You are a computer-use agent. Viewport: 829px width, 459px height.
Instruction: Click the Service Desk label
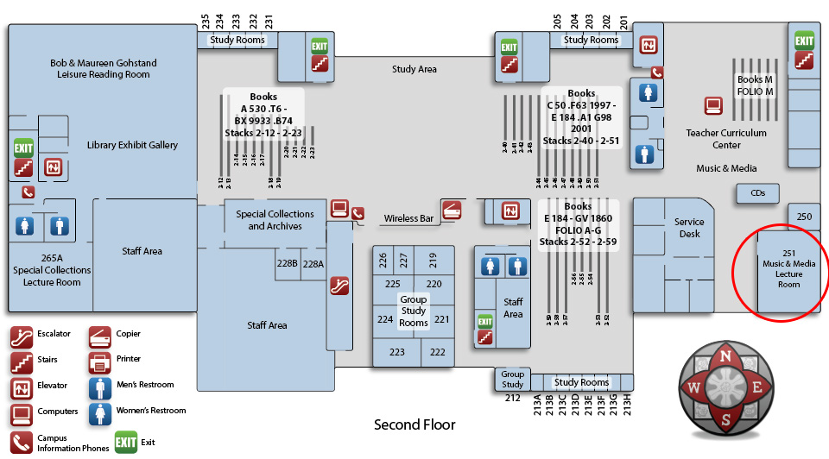click(689, 228)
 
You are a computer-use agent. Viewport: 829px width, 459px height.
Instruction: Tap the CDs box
click(757, 193)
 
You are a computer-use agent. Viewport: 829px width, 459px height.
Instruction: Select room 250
click(804, 217)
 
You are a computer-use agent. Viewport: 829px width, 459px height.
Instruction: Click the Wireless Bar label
click(408, 219)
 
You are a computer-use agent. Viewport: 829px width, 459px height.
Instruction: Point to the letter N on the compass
click(727, 355)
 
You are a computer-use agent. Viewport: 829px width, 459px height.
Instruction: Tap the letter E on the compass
click(757, 387)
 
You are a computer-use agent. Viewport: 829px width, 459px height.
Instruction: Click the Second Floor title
click(414, 424)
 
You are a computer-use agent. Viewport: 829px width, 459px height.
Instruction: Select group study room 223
click(396, 352)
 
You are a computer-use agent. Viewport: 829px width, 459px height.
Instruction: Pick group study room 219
click(433, 258)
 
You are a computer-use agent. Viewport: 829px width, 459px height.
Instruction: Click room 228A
click(313, 264)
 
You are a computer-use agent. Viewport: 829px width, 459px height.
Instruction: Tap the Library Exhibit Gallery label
click(132, 145)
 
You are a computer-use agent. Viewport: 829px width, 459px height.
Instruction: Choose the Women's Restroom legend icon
click(100, 414)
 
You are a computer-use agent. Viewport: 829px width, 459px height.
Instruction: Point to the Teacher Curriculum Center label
click(726, 139)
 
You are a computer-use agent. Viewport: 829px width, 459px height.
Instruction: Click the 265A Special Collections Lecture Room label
click(52, 270)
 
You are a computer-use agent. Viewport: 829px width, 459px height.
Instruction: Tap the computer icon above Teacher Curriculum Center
click(712, 106)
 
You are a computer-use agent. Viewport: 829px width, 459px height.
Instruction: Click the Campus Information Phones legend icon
click(22, 442)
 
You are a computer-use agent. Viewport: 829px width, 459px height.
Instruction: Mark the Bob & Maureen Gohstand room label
click(103, 69)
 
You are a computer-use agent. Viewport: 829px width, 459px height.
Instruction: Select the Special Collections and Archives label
click(275, 220)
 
